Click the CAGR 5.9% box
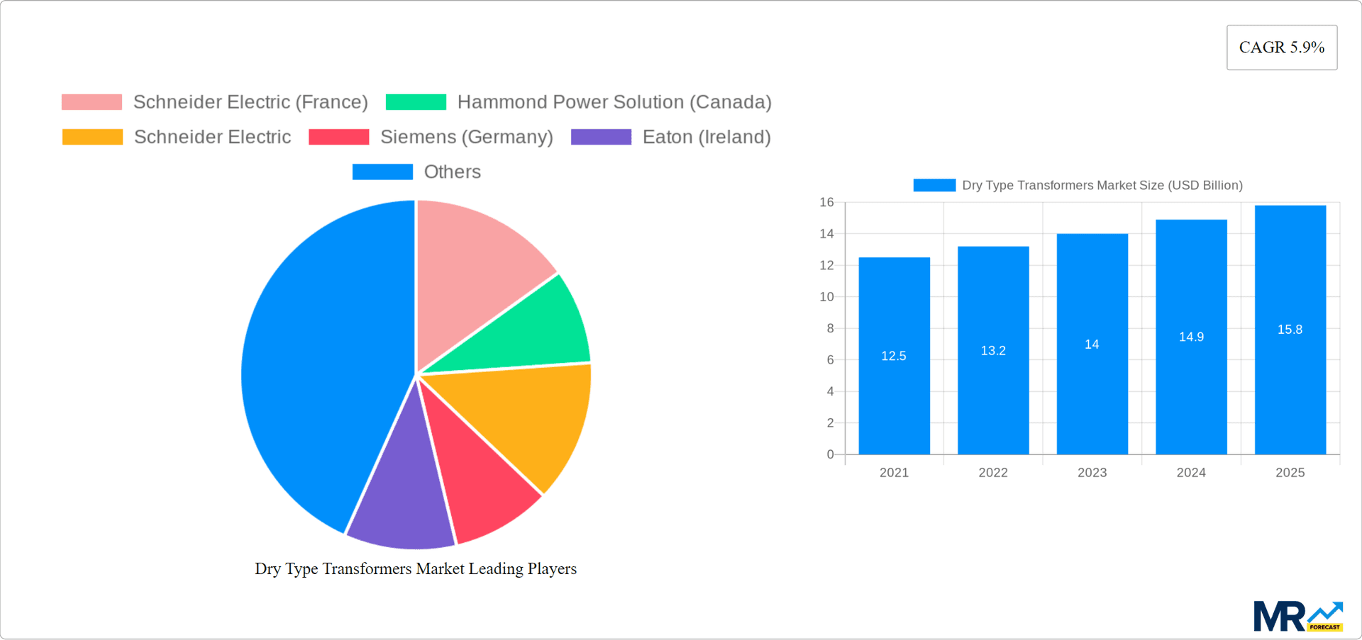tap(1281, 47)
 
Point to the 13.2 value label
tap(993, 351)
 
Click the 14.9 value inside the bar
tap(1191, 337)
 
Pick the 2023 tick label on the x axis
tap(1092, 473)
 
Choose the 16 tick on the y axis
tap(826, 203)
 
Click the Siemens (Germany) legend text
tap(466, 137)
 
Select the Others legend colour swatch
tap(382, 172)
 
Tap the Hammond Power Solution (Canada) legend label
tap(614, 102)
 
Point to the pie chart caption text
tap(416, 569)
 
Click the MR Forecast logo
tap(1297, 617)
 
